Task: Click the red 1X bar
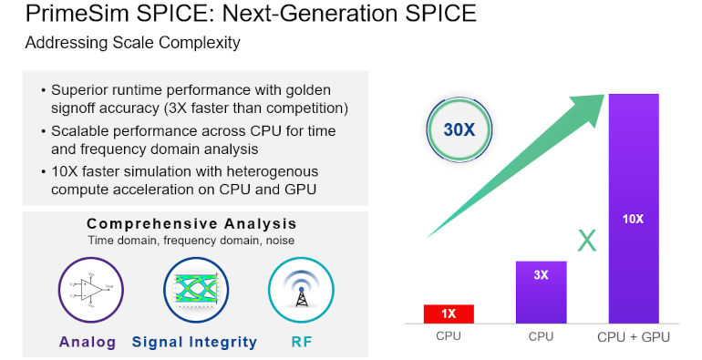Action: click(x=449, y=314)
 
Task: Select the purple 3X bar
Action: click(x=541, y=292)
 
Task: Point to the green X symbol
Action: click(x=588, y=241)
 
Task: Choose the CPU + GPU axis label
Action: click(x=634, y=337)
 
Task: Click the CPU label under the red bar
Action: click(x=448, y=337)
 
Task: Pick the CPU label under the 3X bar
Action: click(x=541, y=337)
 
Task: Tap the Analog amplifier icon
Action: click(x=88, y=289)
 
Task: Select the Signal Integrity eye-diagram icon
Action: click(x=194, y=289)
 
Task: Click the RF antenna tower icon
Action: click(x=300, y=289)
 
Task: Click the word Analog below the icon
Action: click(x=88, y=343)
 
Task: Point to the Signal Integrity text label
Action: click(x=194, y=343)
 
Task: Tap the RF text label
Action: click(x=300, y=343)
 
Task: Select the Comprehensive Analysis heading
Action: click(x=191, y=224)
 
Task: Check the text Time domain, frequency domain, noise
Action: click(x=191, y=241)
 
